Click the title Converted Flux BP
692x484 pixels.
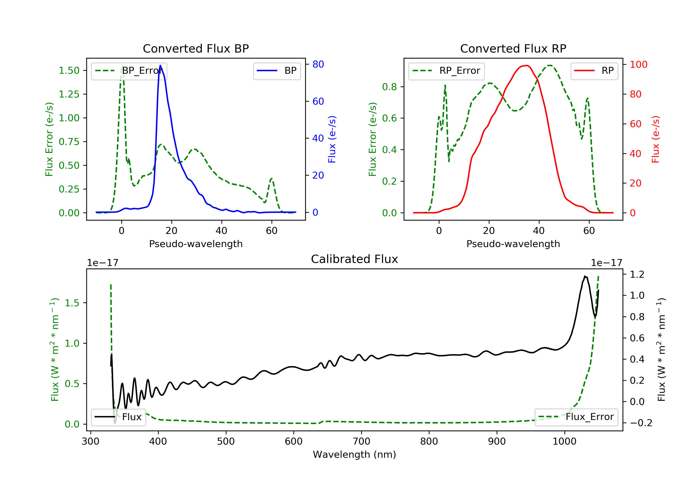pyautogui.click(x=196, y=48)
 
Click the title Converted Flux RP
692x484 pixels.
pyautogui.click(x=513, y=48)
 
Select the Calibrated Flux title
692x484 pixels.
pyautogui.click(x=355, y=259)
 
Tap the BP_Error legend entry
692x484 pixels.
pyautogui.click(x=129, y=71)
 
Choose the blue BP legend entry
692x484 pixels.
pyautogui.click(x=277, y=71)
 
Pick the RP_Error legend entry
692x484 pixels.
pyautogui.click(x=446, y=71)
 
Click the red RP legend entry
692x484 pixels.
pyautogui.click(x=594, y=71)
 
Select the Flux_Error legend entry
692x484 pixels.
pyautogui.click(x=576, y=417)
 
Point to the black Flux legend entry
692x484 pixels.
pyautogui.click(x=119, y=417)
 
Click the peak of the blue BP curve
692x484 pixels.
pyautogui.click(x=160, y=65)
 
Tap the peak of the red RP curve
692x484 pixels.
pyautogui.click(x=526, y=65)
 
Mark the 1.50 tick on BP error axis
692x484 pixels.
pyautogui.click(x=69, y=71)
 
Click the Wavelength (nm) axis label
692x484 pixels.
pyautogui.click(x=355, y=454)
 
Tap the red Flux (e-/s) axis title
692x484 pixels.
pyautogui.click(x=655, y=139)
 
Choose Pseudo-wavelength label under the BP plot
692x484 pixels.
pyautogui.click(x=196, y=244)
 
